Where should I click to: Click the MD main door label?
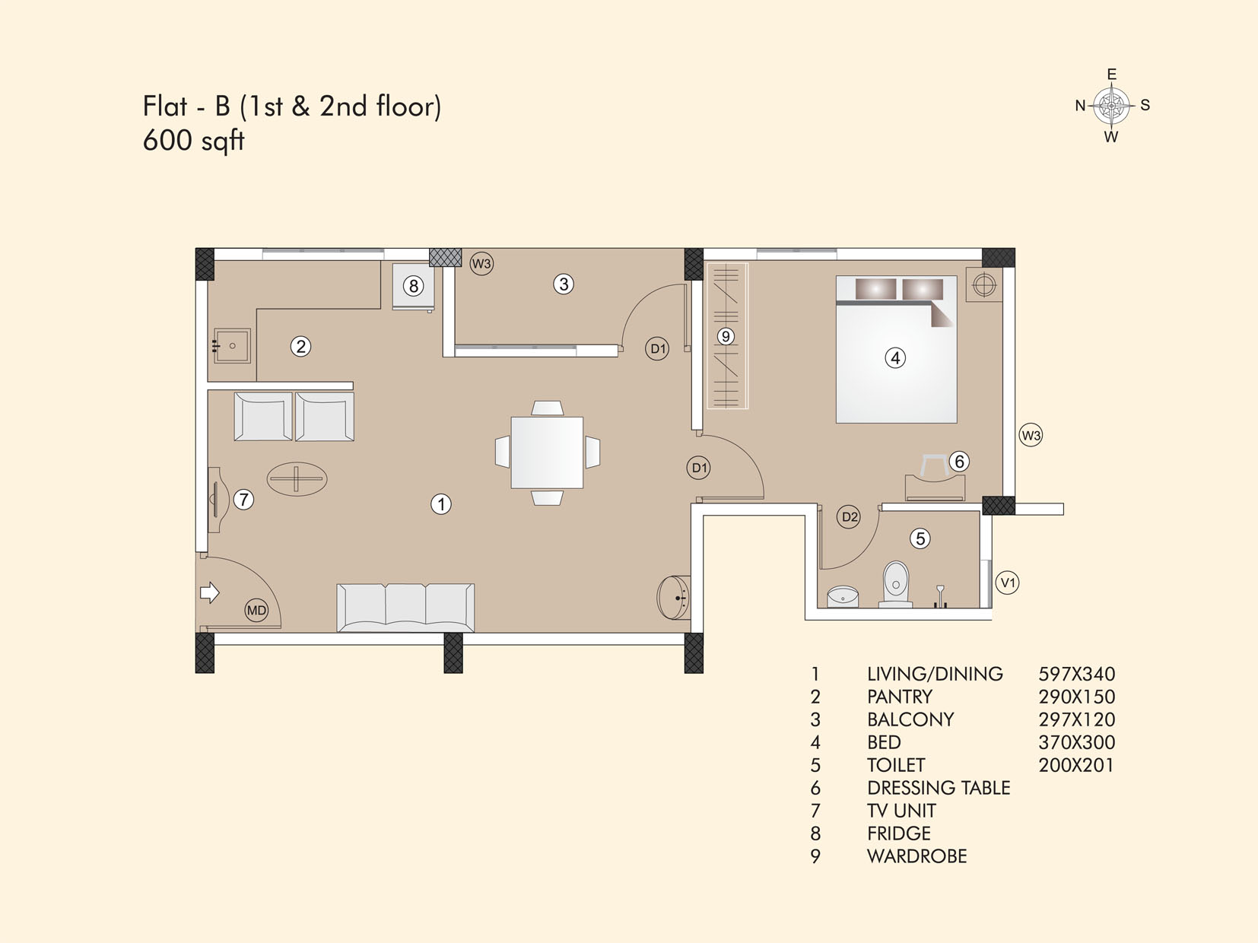[256, 610]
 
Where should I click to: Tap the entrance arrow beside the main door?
[210, 592]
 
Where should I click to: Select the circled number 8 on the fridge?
[413, 285]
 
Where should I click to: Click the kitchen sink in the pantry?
[232, 345]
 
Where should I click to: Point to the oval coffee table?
[297, 479]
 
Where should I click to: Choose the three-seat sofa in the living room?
[405, 608]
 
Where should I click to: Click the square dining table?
[547, 452]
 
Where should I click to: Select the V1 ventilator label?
[1007, 583]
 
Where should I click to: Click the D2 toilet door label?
[849, 517]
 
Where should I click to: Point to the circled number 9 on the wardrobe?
[726, 336]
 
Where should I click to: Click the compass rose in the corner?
[1112, 106]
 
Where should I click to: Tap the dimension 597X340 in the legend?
[1077, 674]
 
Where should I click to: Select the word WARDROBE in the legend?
[917, 856]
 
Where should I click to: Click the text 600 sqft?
[194, 141]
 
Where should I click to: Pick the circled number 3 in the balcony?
[564, 284]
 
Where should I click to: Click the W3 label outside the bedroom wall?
[1031, 436]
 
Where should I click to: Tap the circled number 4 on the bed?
[895, 358]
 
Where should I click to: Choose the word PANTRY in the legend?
[900, 697]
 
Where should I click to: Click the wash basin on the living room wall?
[674, 598]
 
